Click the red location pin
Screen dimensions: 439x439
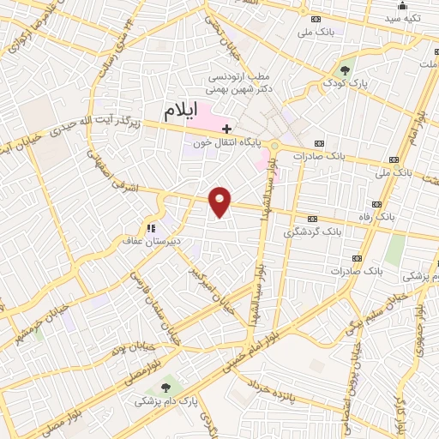click(220, 201)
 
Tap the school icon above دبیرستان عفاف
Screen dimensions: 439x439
click(151, 228)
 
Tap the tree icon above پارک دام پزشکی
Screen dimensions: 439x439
click(165, 386)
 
